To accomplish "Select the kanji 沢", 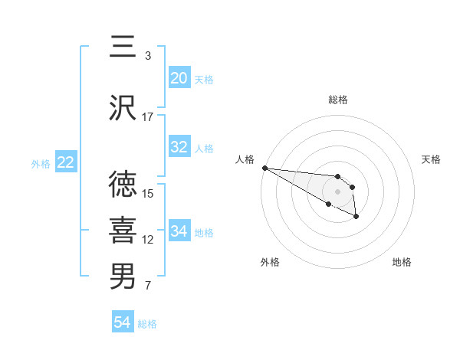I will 123,108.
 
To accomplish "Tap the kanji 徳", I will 123,185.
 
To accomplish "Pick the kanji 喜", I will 123,231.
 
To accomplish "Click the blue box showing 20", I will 179,78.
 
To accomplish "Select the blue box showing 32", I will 179,147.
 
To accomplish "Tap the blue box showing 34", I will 179,231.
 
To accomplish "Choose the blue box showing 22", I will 65,162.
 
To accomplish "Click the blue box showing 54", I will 122,322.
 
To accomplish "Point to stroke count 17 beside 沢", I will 148,117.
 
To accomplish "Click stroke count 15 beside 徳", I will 148,194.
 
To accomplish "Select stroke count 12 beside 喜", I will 148,240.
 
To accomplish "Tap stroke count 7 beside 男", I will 148,286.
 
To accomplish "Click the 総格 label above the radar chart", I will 337,100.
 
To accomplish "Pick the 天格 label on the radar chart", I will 431,159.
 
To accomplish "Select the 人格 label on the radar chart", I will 244,159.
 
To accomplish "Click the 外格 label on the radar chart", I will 270,262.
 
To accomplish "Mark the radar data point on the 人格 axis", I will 264,168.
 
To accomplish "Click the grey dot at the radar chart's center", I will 337,191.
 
